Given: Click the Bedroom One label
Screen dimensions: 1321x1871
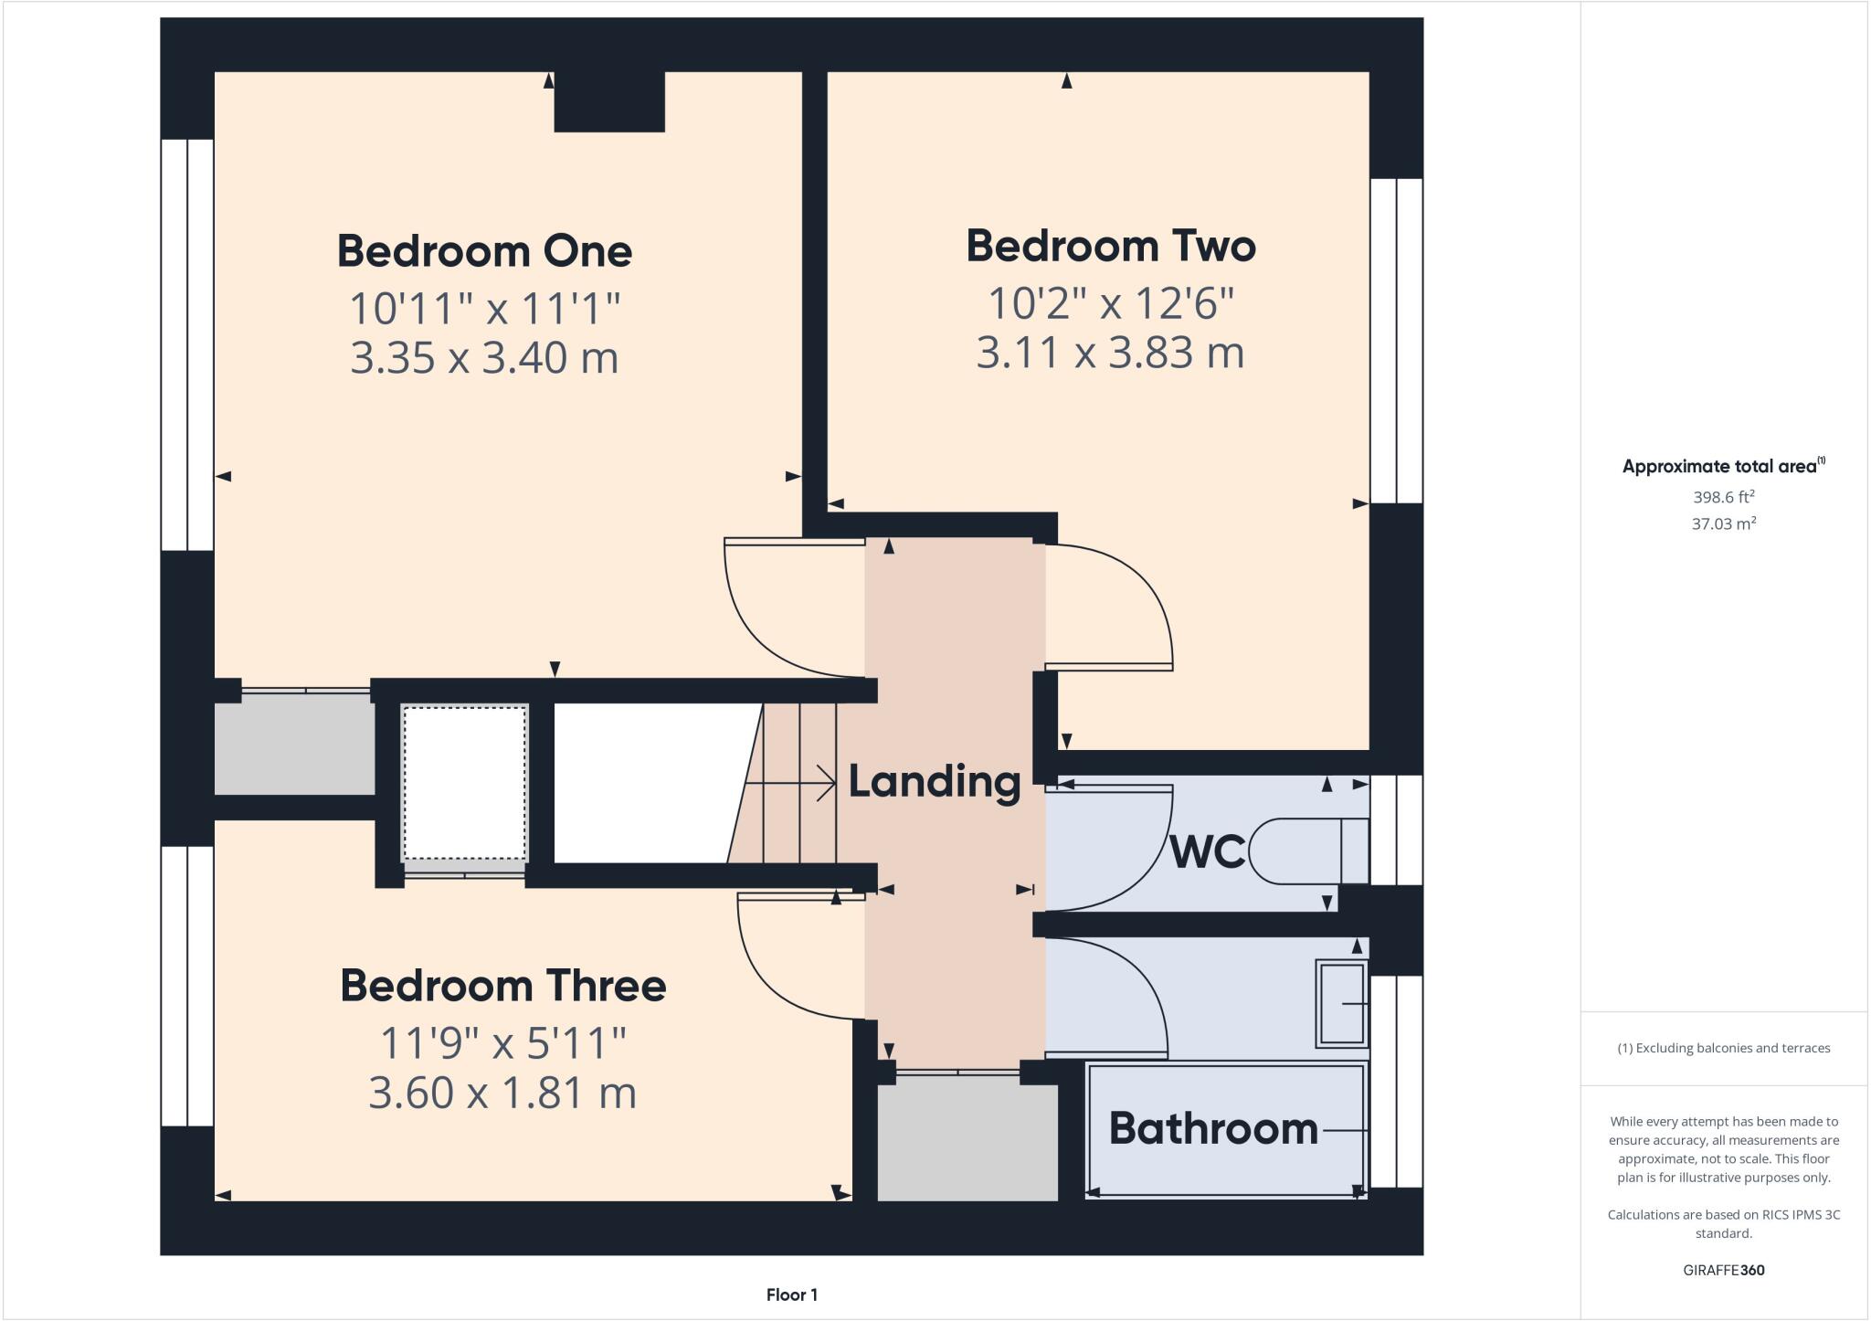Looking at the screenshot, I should click(x=484, y=251).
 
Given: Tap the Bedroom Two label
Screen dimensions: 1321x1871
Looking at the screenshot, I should click(x=1111, y=247).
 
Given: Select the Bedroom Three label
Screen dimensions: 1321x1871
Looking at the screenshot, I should click(x=502, y=986).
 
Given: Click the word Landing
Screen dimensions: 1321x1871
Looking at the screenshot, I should click(x=934, y=782).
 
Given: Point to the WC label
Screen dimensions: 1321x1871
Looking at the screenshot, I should click(x=1207, y=851).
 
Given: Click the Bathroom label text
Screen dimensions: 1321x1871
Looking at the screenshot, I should click(x=1213, y=1129).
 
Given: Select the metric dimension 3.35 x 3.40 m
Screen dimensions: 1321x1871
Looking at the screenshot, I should click(x=484, y=357).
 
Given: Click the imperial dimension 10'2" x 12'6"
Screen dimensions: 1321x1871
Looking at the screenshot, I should click(x=1111, y=303).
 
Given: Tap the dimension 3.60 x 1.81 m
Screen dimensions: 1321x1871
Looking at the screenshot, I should click(x=502, y=1093).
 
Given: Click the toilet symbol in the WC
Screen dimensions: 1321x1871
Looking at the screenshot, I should click(x=1306, y=851).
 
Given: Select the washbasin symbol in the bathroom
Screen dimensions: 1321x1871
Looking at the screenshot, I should click(x=1341, y=1003).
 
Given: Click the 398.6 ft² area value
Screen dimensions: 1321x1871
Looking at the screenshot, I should click(x=1723, y=497).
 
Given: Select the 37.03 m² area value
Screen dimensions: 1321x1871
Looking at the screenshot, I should click(x=1723, y=523).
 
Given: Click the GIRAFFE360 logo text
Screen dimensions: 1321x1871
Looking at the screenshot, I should click(x=1723, y=1270).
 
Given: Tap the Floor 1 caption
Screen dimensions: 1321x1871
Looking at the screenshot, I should click(x=791, y=1295).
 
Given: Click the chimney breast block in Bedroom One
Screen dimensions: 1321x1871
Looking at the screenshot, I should click(x=609, y=101).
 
